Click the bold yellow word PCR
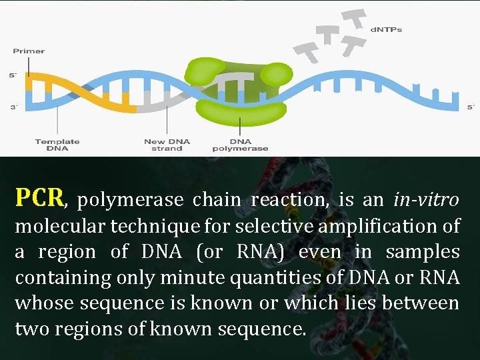click(x=39, y=197)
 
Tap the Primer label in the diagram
click(x=29, y=51)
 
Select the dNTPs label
click(x=386, y=30)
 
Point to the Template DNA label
click(x=57, y=145)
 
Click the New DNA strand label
click(x=167, y=145)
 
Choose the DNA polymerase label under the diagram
click(x=240, y=145)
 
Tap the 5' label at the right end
click(x=470, y=107)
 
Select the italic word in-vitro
click(x=426, y=199)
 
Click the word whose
click(x=44, y=303)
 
